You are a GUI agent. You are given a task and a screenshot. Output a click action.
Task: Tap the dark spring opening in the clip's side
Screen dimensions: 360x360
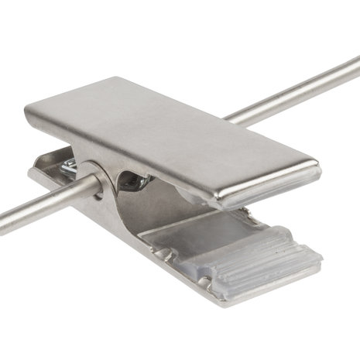pyautogui.click(x=133, y=183)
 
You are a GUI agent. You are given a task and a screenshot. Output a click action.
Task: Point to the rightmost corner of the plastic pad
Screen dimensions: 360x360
pyautogui.click(x=321, y=252)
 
